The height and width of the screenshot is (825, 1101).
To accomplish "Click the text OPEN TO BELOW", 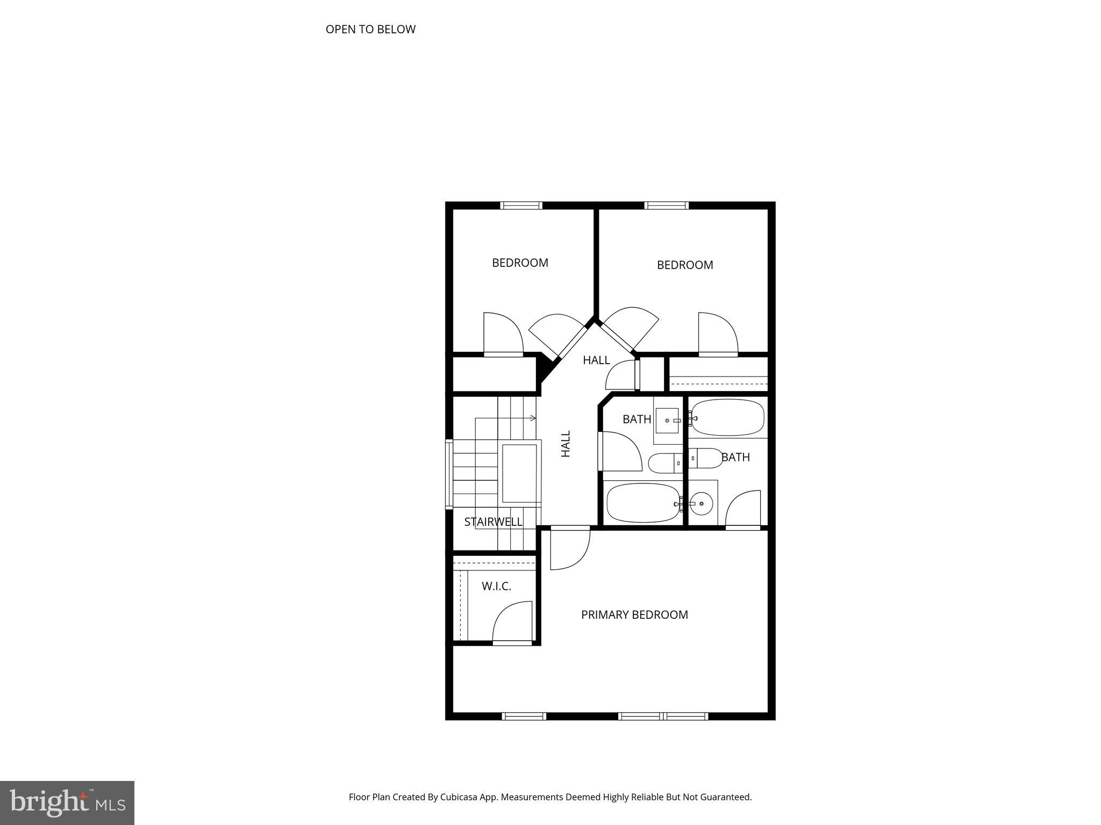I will [370, 29].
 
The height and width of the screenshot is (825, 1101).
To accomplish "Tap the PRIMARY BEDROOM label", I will [634, 614].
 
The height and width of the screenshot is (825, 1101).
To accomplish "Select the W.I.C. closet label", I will [496, 586].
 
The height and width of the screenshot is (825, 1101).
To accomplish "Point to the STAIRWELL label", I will [493, 522].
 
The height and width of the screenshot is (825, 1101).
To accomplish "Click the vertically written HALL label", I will [566, 444].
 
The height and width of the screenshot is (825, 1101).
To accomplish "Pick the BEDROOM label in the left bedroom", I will [520, 263].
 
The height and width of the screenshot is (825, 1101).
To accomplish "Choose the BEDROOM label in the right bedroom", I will [685, 265].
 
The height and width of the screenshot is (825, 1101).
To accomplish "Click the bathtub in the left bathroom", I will [643, 503].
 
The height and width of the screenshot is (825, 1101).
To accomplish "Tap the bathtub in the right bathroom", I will [727, 417].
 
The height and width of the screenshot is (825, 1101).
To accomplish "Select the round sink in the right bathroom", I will [701, 504].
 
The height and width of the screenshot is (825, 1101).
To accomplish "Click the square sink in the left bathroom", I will [667, 421].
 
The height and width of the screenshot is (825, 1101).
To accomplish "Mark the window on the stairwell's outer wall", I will [449, 473].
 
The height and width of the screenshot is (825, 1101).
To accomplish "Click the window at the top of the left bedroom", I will [521, 205].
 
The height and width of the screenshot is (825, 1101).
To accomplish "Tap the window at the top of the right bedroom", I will [666, 205].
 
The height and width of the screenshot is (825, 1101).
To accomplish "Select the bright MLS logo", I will [67, 802].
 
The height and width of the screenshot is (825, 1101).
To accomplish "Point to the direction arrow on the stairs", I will [532, 418].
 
